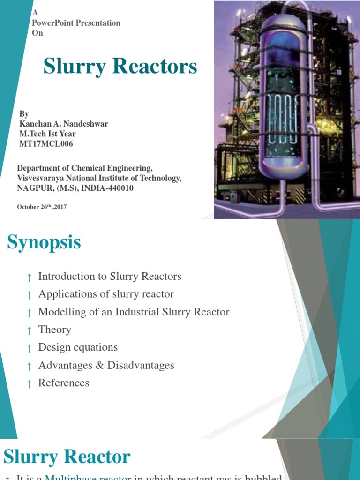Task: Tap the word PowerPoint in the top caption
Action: point(57,23)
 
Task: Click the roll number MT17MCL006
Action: point(46,144)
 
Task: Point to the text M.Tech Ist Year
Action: point(47,134)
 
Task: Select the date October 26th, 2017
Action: point(42,207)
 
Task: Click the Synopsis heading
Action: point(44,243)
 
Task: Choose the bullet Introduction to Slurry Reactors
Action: point(110,277)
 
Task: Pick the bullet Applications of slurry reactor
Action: point(106,294)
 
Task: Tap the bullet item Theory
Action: point(55,330)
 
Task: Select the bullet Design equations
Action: point(78,348)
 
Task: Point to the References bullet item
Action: point(64,383)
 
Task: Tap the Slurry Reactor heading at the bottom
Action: point(67,456)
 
